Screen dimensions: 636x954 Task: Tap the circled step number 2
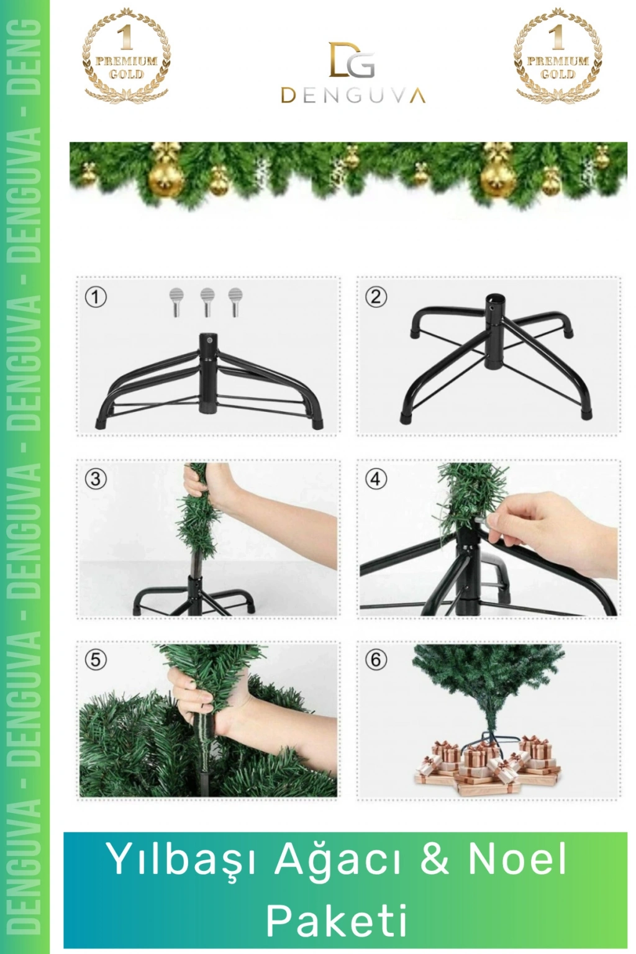point(376,297)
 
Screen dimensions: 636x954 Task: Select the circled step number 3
point(96,479)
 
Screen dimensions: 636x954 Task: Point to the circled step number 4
point(376,479)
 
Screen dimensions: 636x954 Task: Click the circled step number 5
point(96,660)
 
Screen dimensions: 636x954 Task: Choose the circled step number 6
point(376,660)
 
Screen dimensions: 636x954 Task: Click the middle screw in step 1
point(207,302)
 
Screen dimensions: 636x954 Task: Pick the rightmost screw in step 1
point(235,302)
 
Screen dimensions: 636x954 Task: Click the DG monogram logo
point(352,60)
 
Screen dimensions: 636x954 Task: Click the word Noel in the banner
point(517,857)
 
